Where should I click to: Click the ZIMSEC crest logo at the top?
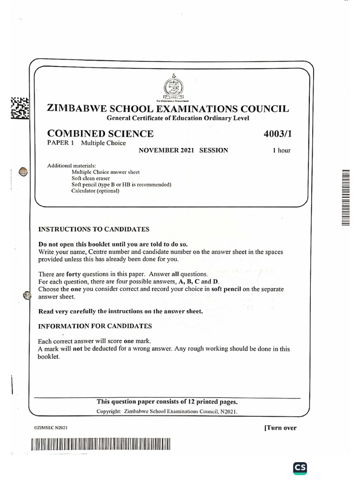point(174,87)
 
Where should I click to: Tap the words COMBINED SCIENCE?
point(100,134)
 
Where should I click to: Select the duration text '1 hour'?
point(282,150)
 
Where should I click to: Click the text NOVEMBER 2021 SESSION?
point(183,150)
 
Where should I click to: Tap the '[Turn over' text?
point(280,427)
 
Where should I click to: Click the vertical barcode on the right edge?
point(345,197)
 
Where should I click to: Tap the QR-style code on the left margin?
point(20,108)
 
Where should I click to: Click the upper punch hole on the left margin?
point(22,173)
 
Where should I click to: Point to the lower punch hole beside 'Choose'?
point(27,295)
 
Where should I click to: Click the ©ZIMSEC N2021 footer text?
point(51,428)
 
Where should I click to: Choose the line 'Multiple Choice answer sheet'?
point(105,172)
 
